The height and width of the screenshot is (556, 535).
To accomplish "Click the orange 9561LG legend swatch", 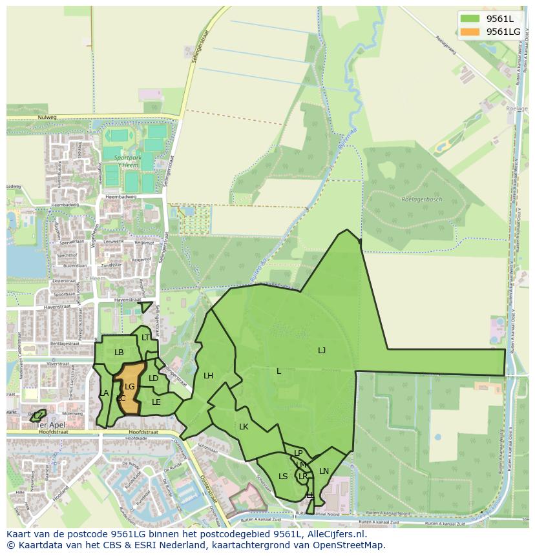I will (470, 32).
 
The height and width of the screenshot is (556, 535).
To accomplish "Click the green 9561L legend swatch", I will (470, 18).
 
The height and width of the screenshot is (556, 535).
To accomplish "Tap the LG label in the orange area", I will (129, 387).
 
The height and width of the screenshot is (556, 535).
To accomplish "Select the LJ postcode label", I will (322, 351).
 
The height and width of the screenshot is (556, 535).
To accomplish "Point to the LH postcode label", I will (208, 376).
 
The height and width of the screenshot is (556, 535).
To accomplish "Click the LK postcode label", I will (244, 427).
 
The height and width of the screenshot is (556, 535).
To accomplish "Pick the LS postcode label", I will (283, 477).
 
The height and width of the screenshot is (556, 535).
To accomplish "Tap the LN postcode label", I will (324, 471).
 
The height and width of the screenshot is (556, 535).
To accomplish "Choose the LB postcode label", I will (119, 353).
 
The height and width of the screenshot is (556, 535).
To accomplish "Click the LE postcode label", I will (156, 402).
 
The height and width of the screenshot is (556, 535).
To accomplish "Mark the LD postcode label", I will (153, 378).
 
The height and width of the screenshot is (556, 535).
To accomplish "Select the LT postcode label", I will (145, 338).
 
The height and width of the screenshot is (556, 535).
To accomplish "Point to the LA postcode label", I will (104, 393).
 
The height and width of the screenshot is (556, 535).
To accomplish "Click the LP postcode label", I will (299, 453).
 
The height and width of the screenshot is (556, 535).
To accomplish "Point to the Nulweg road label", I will (47, 118).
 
